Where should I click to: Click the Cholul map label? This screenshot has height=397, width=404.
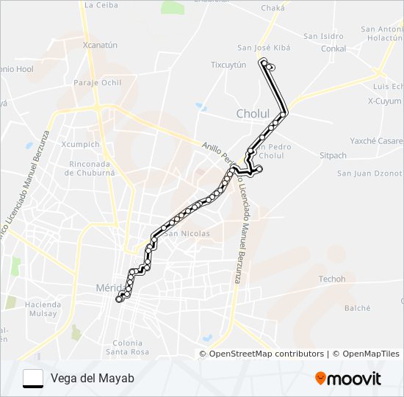[253, 114]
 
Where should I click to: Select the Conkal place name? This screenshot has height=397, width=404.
[334, 49]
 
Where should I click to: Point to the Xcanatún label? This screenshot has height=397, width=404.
[101, 45]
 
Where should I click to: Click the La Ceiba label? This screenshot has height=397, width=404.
[101, 5]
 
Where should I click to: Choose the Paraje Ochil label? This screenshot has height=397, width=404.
[97, 82]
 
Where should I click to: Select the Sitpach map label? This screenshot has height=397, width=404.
[333, 156]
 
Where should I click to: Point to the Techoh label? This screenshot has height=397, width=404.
[332, 279]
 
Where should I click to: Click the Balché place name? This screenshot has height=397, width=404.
[358, 309]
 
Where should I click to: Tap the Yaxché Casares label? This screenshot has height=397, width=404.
[376, 141]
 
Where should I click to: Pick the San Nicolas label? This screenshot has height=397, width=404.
[187, 234]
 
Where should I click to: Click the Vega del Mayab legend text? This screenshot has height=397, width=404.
[93, 378]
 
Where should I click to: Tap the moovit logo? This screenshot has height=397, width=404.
[348, 379]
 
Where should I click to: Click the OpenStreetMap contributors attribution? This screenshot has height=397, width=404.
[261, 354]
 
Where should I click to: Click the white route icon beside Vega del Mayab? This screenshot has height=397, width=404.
[33, 378]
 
